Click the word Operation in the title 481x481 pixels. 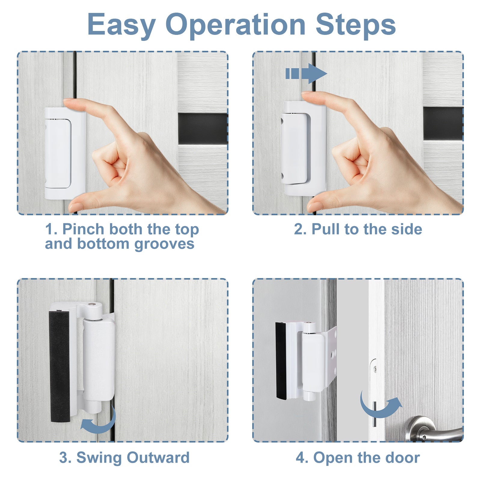(235, 25)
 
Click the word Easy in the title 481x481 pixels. (121, 25)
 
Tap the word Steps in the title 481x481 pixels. (355, 25)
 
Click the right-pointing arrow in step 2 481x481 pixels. (307, 73)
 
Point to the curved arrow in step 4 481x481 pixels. (380, 406)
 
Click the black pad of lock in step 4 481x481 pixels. (281, 361)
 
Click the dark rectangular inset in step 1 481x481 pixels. (203, 129)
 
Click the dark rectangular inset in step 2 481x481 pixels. (443, 124)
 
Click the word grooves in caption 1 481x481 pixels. (164, 244)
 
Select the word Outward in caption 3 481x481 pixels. (158, 458)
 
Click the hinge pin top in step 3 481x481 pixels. (93, 305)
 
